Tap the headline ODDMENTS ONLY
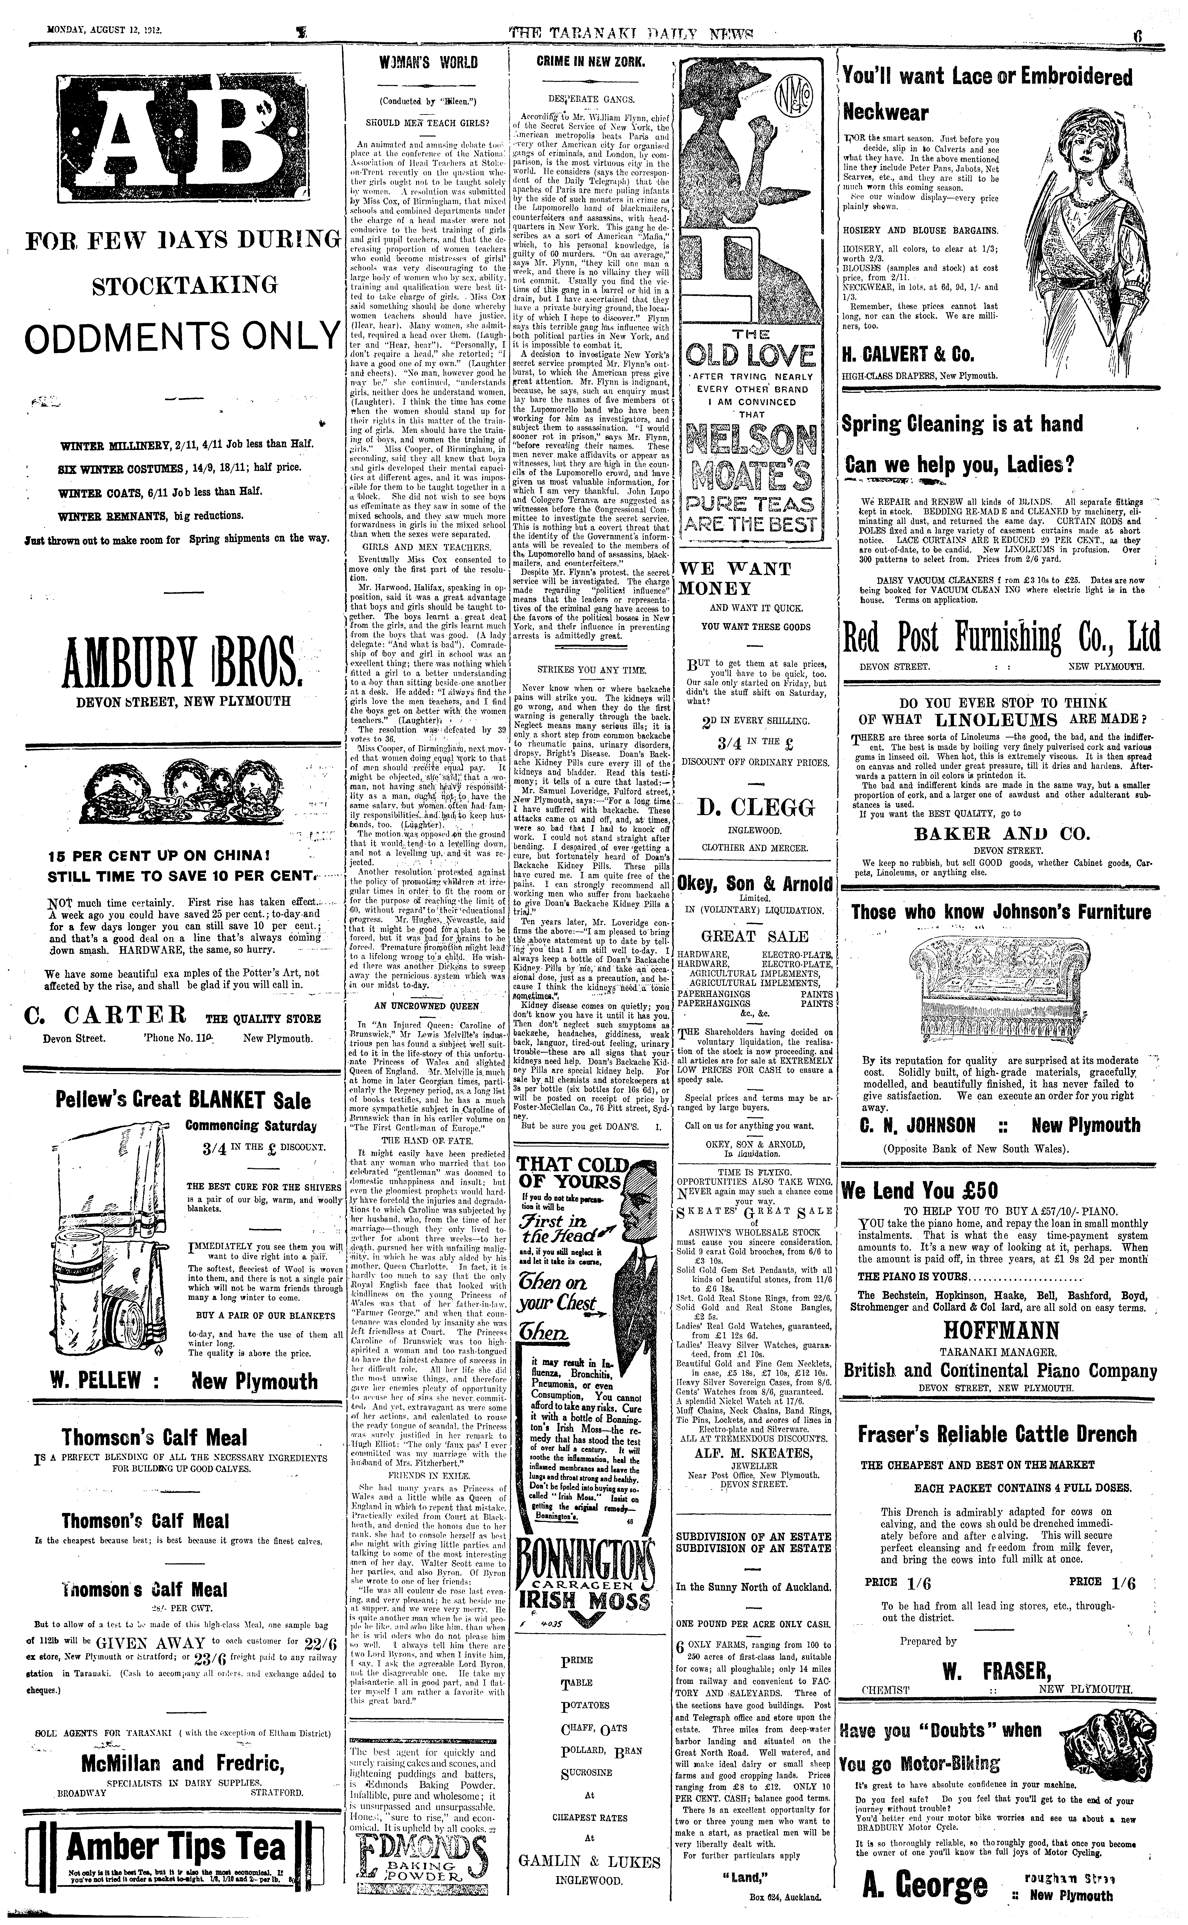pyautogui.click(x=182, y=337)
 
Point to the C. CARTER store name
pyautogui.click(x=106, y=1015)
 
